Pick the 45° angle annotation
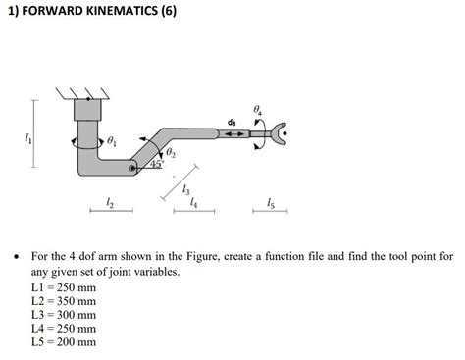coord(156,164)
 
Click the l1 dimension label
coord(12,140)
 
